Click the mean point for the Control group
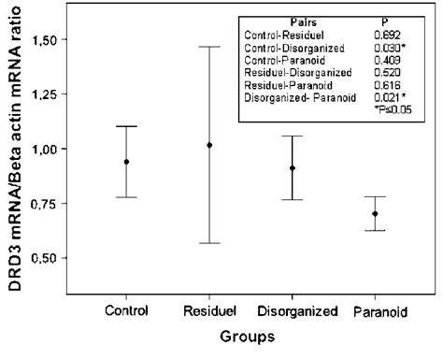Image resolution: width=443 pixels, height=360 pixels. point(127,162)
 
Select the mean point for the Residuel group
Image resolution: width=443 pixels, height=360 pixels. point(208,145)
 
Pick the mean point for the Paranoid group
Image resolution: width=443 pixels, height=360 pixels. point(375,214)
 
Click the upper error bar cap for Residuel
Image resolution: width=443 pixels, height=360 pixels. point(208,47)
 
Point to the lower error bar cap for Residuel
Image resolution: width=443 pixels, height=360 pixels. point(208,243)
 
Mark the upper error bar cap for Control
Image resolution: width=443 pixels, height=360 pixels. point(127,126)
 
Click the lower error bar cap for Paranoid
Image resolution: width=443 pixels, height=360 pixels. point(375,230)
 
